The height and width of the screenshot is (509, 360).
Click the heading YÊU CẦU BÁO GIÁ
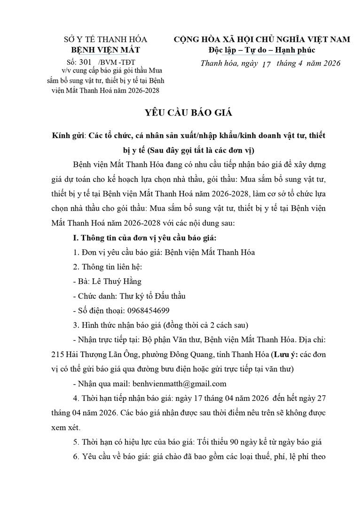click(180, 114)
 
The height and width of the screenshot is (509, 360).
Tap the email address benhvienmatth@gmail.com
click(180, 384)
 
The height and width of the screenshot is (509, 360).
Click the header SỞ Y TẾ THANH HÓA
click(105, 39)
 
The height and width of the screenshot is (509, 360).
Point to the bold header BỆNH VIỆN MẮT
click(105, 50)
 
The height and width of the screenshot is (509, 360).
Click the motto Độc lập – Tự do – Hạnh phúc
click(262, 50)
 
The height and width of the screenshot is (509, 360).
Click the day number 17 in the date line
click(266, 64)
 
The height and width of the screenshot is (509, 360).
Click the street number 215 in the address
click(59, 354)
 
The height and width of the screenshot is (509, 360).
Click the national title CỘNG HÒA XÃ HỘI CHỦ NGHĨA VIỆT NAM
click(262, 39)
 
